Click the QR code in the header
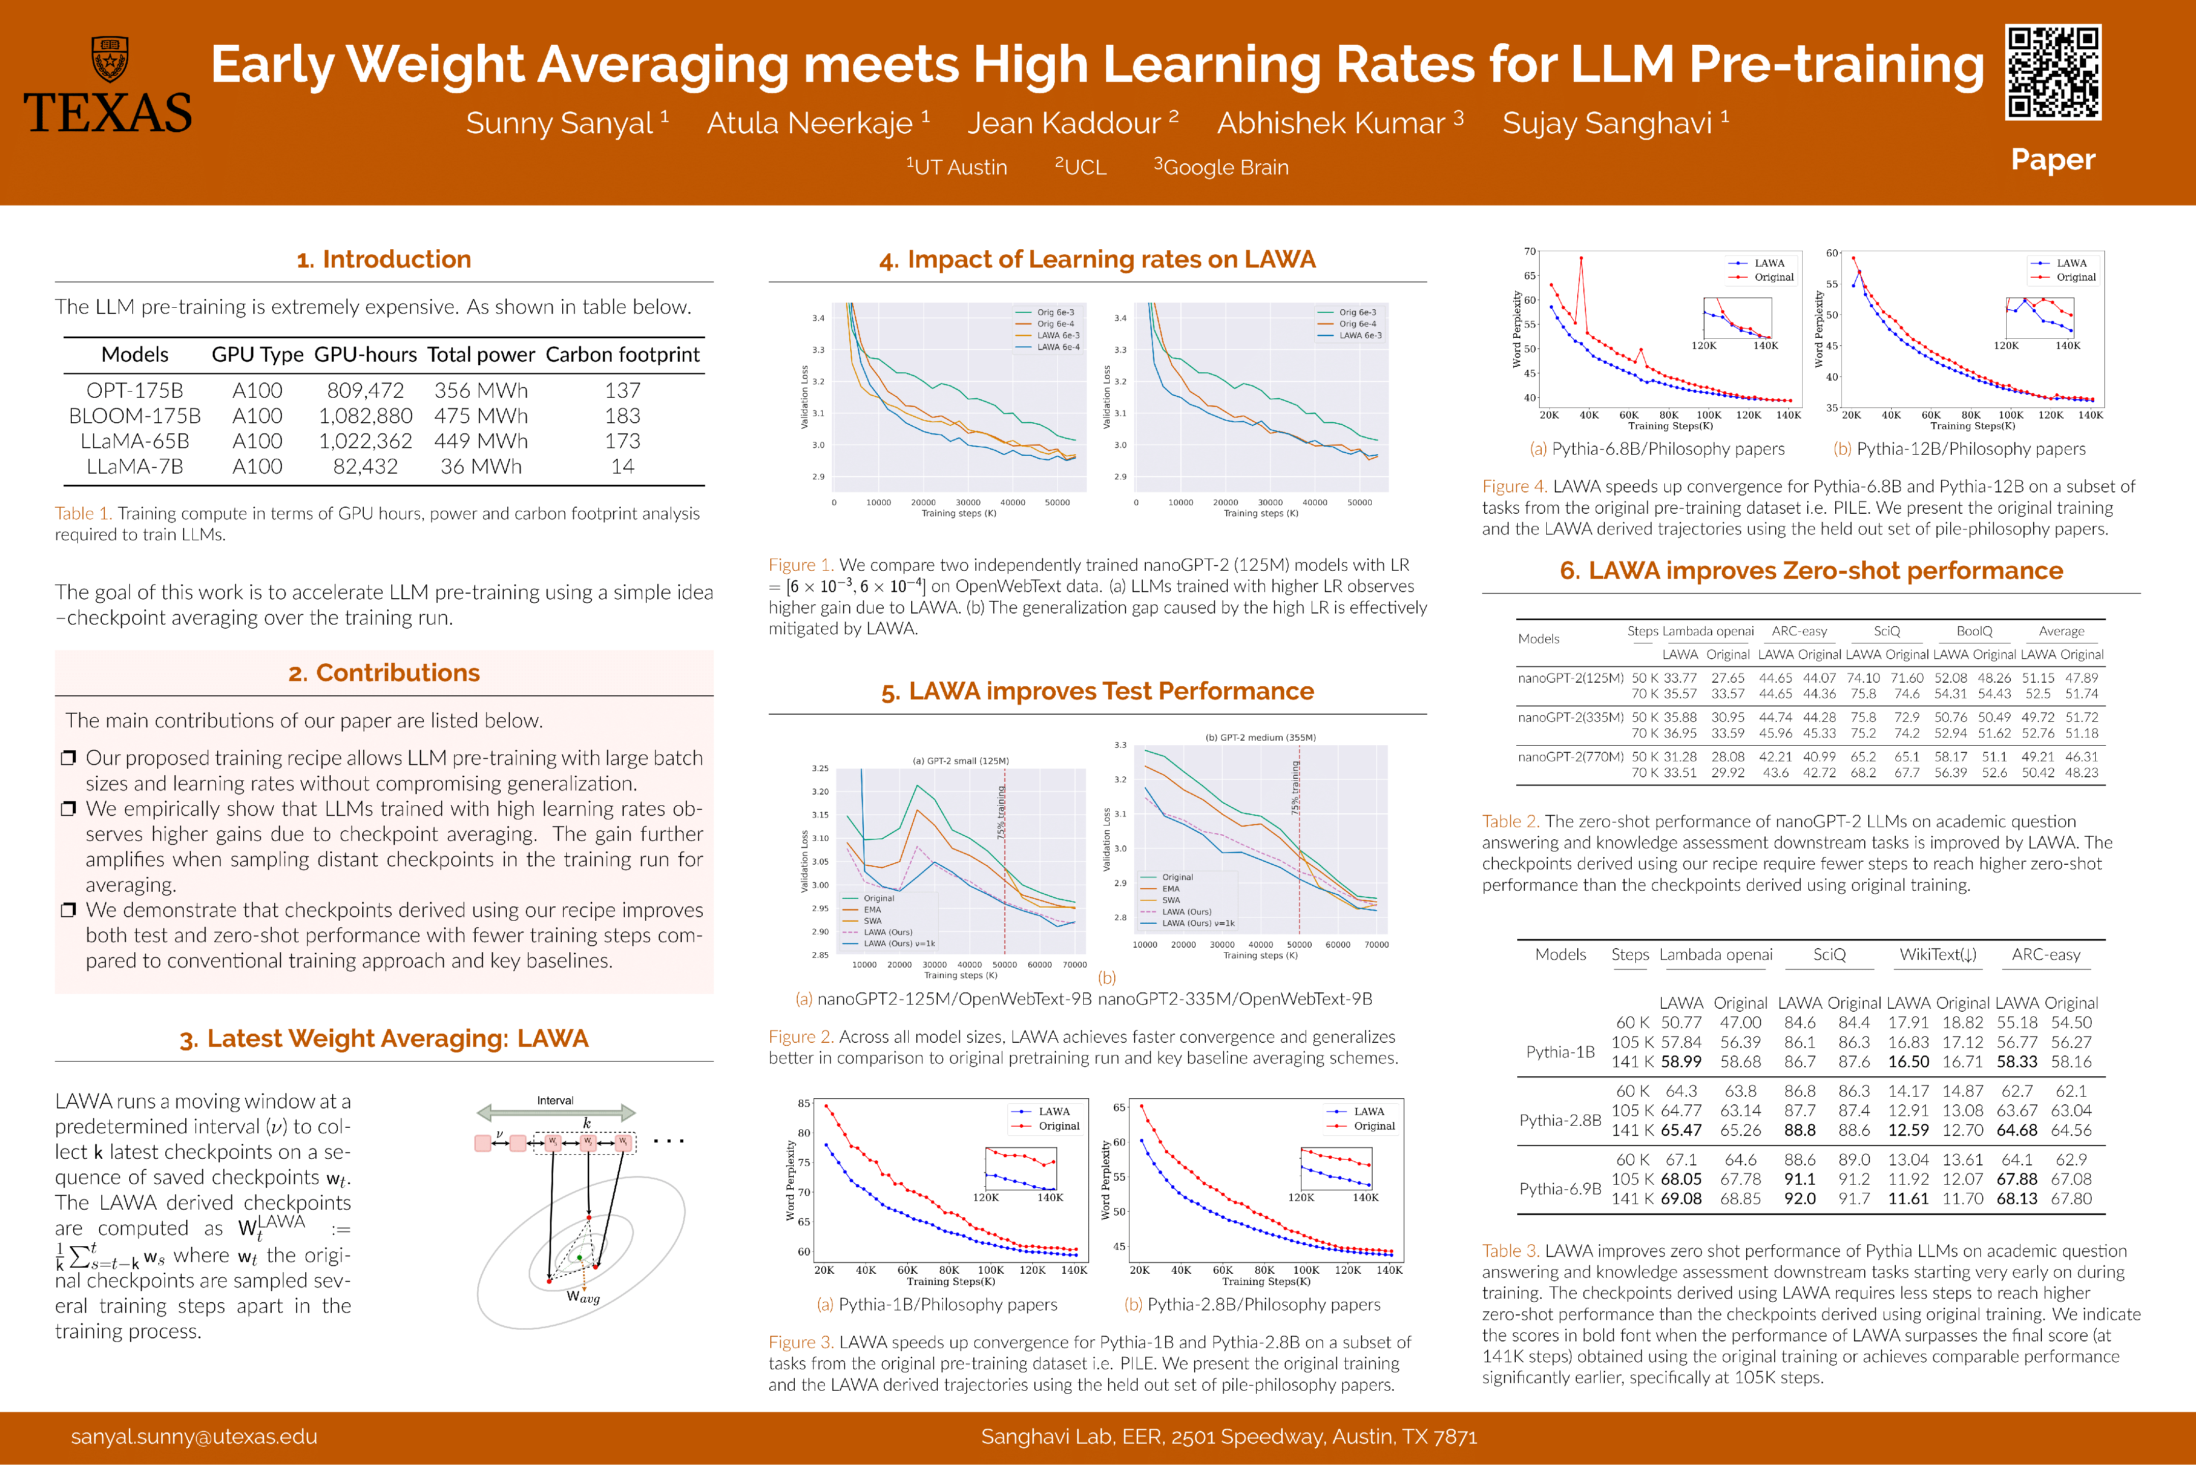[2053, 73]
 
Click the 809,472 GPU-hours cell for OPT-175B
[365, 391]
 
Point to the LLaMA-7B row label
[134, 466]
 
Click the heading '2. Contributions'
[384, 672]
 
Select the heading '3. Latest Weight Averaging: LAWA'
[384, 1039]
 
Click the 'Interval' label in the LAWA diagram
[555, 1101]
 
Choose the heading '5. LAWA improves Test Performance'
[1097, 691]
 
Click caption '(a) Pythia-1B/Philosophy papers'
[937, 1304]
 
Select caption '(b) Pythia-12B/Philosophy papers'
[1959, 449]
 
